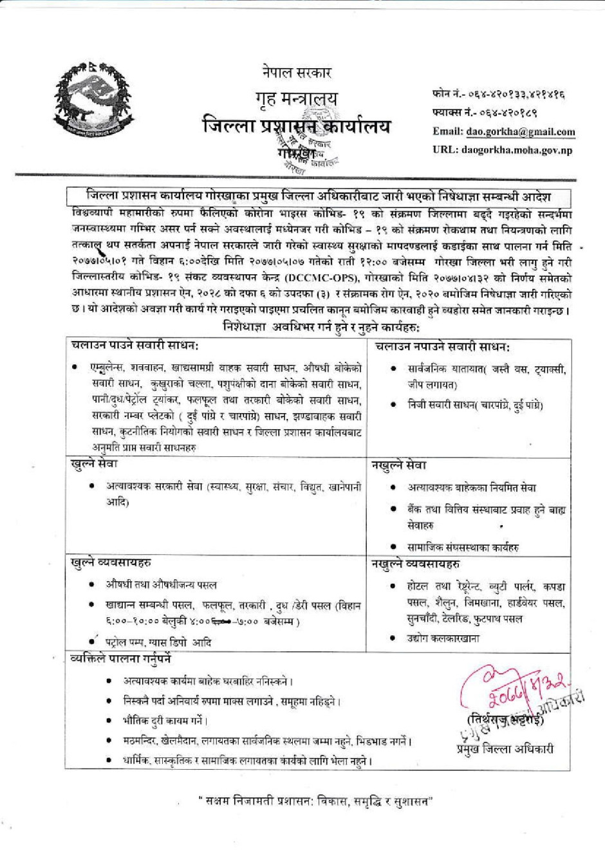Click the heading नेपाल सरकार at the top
point(297,72)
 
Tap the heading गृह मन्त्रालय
point(297,99)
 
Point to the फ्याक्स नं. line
point(485,113)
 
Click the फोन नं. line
point(499,94)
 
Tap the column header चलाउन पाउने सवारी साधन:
point(135,346)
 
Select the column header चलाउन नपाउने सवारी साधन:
point(443,346)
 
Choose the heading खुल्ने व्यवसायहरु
point(111,562)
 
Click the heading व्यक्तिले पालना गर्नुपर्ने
point(120,659)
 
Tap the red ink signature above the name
point(515,688)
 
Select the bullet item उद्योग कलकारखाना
point(443,638)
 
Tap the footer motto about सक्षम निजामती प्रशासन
point(315,802)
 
